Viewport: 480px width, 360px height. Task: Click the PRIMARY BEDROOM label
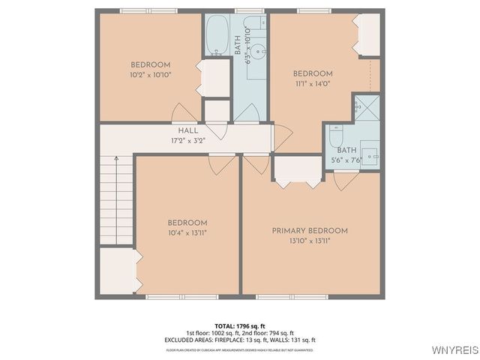[310, 231]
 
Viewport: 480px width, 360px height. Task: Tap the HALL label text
[188, 130]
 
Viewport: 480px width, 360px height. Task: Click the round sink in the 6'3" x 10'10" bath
[257, 51]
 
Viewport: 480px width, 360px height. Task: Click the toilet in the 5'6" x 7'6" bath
[336, 139]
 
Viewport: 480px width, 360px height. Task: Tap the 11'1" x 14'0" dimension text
[312, 84]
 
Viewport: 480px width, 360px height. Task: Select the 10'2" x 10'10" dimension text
[150, 74]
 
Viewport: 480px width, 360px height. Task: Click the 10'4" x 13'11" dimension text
[187, 233]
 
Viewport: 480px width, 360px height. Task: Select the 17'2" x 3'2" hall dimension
[188, 140]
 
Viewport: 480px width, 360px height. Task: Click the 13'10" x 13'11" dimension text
[310, 241]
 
